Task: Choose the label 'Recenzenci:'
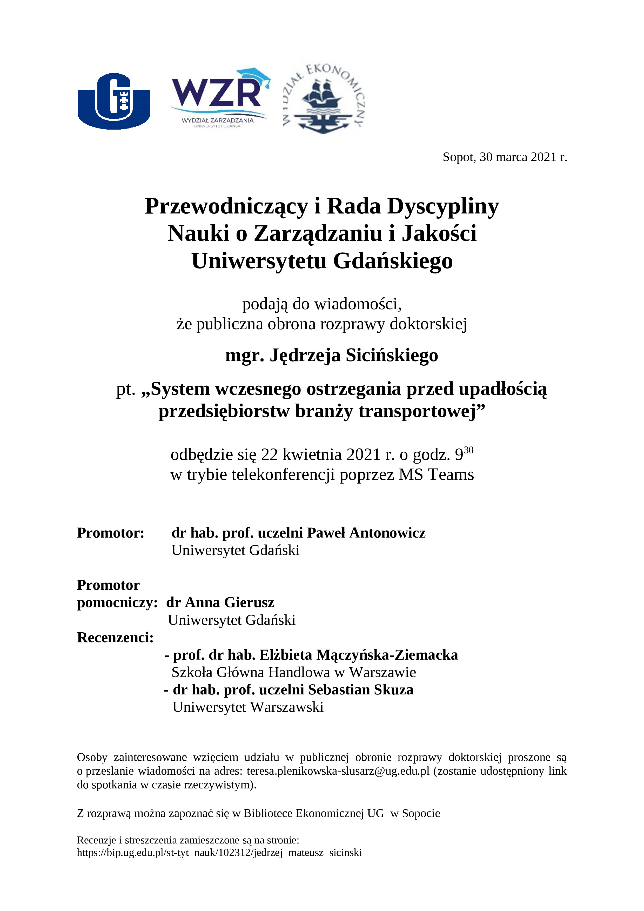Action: [x=115, y=637]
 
